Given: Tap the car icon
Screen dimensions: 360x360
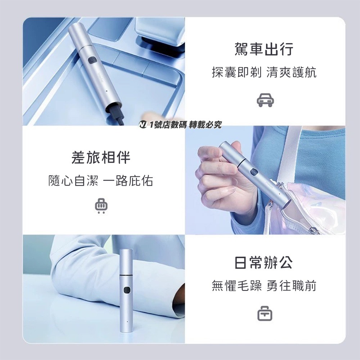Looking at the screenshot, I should pyautogui.click(x=265, y=100).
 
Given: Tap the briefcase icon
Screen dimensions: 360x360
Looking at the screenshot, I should pyautogui.click(x=265, y=314).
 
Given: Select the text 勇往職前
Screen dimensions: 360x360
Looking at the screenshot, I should pyautogui.click(x=292, y=286).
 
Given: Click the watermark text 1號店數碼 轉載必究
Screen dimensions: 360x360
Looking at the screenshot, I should pyautogui.click(x=185, y=125).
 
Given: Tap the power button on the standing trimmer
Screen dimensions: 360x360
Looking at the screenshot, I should pyautogui.click(x=126, y=290).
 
